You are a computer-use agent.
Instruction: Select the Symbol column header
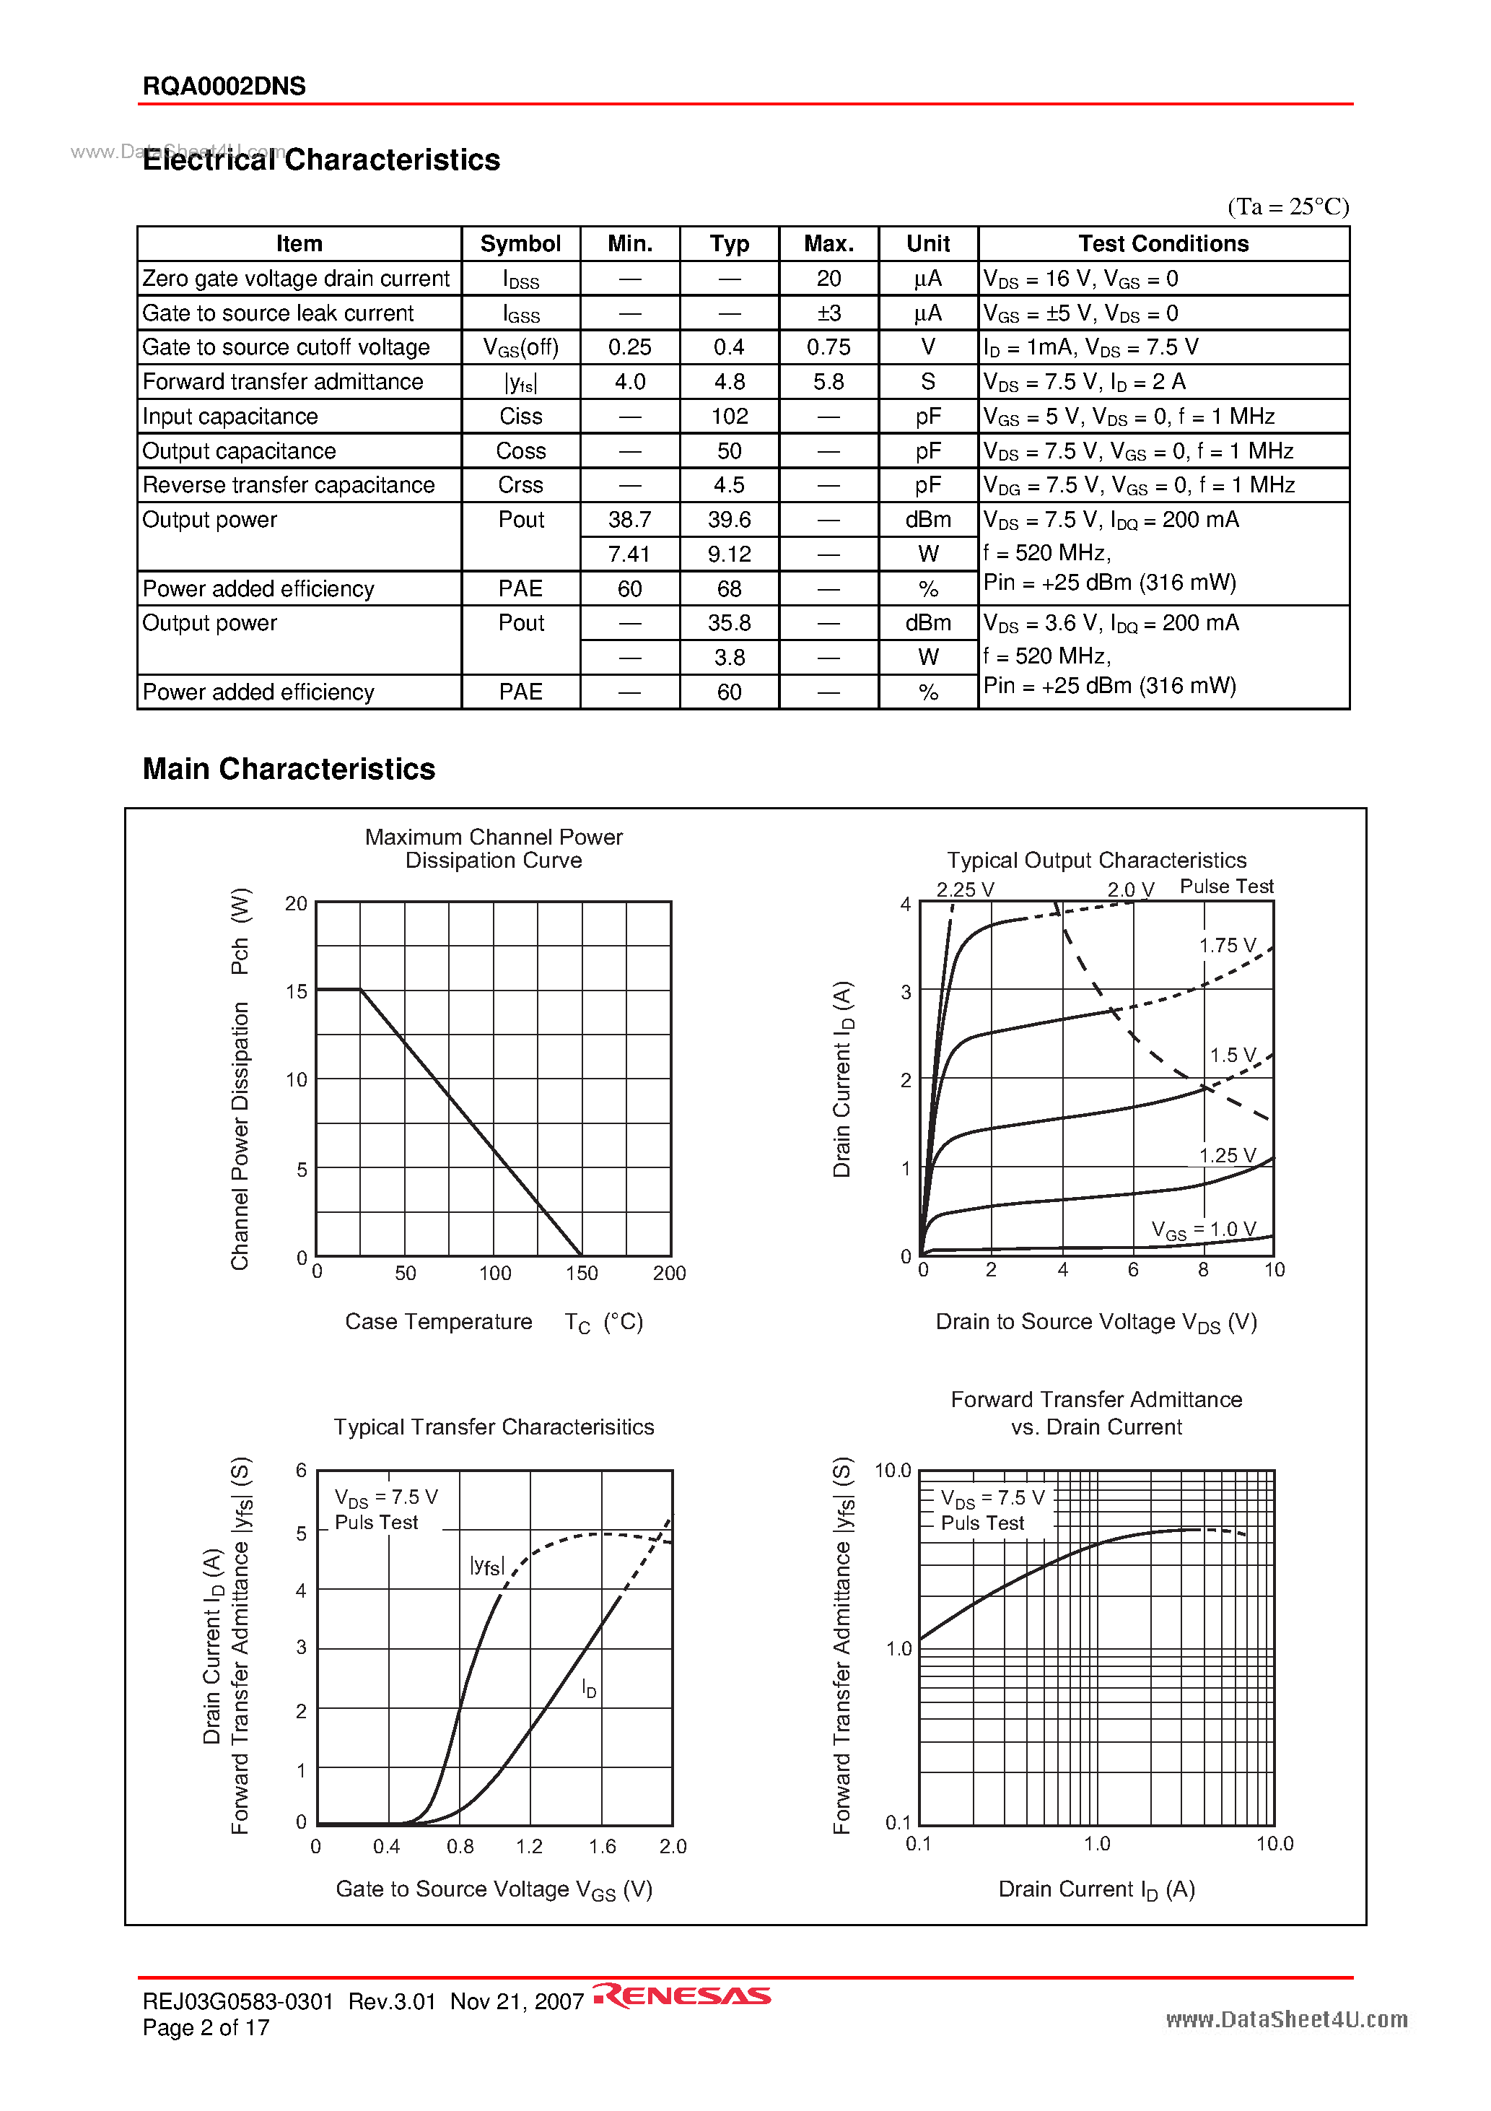[x=520, y=243]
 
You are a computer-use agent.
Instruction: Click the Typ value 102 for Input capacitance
[x=729, y=417]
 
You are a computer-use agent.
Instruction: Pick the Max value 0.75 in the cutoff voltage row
[x=828, y=347]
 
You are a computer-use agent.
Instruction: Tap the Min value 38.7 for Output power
[x=630, y=520]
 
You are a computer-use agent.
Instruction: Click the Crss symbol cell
[x=520, y=485]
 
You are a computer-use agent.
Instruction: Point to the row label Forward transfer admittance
[x=282, y=382]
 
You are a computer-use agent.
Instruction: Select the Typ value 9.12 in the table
[x=729, y=554]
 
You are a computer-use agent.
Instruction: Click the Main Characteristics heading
[x=289, y=769]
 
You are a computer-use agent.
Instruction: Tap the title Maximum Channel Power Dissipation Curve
[x=494, y=848]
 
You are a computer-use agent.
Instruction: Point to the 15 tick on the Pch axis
[x=296, y=992]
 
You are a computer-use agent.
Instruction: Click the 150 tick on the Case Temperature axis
[x=581, y=1274]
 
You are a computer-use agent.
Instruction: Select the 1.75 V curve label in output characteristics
[x=1227, y=945]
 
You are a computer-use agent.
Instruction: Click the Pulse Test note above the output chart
[x=1226, y=887]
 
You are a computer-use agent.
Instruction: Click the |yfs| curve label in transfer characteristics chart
[x=486, y=1566]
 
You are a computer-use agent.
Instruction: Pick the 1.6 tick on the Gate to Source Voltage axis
[x=602, y=1846]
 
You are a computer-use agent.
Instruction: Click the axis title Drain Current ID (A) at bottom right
[x=1096, y=1889]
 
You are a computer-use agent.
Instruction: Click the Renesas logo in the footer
[x=681, y=1995]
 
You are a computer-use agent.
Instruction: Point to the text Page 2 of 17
[x=206, y=2027]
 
